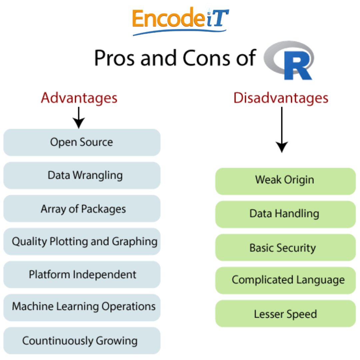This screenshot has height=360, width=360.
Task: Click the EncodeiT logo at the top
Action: click(180, 21)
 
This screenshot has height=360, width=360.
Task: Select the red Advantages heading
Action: click(79, 98)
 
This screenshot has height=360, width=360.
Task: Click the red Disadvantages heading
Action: click(281, 98)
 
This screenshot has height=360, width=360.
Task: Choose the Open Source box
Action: click(82, 142)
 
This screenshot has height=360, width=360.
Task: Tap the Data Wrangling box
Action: click(82, 175)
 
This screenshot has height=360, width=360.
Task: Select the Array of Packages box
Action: click(82, 209)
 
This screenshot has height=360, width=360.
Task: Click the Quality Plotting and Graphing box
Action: click(82, 241)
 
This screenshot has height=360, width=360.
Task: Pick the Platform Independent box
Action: click(82, 274)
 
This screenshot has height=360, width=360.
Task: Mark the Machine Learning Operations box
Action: click(82, 307)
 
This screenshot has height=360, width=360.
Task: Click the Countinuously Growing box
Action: click(82, 340)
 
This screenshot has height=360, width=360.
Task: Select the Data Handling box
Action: click(285, 214)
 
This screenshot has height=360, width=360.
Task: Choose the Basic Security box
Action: click(285, 247)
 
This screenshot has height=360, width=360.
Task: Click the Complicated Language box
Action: click(285, 280)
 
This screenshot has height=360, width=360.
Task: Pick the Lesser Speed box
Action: click(285, 313)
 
